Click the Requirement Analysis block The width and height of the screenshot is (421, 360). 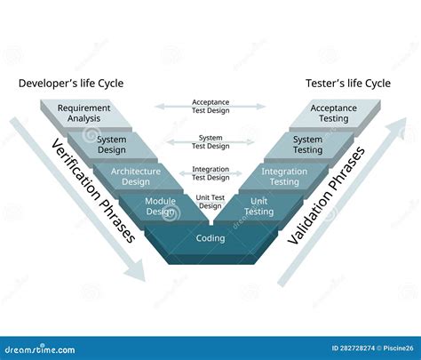point(83,114)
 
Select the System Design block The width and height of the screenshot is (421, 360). point(111,145)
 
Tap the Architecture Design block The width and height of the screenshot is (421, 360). point(136,176)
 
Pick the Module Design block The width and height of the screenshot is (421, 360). point(160,206)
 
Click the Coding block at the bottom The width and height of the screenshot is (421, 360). point(210,238)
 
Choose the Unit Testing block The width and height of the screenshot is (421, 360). point(259,206)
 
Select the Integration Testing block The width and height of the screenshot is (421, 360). point(284,176)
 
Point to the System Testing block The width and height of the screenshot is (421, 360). point(308,145)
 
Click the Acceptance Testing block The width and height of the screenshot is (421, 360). point(333,114)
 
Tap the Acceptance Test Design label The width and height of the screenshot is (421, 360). point(210,106)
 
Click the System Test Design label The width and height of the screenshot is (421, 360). point(210,141)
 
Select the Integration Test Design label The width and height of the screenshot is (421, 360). point(210,172)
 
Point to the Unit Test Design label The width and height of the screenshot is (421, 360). point(210,202)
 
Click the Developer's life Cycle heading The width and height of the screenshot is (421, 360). point(71,84)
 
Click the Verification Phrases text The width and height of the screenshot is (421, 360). point(92,190)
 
